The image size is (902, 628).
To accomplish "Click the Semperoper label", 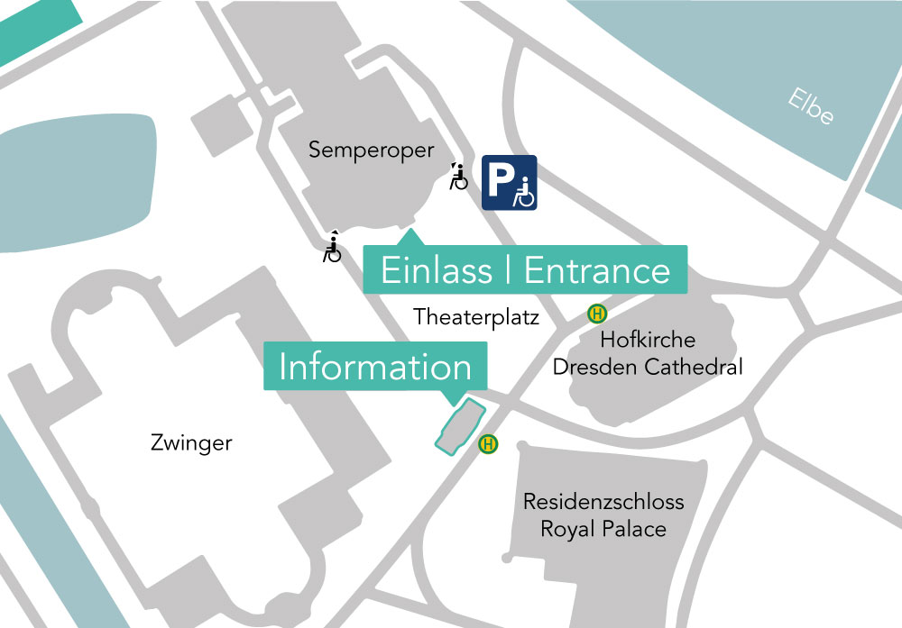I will tap(371, 150).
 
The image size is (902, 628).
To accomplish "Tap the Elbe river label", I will tap(809, 107).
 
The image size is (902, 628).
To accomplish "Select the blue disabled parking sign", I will tap(509, 183).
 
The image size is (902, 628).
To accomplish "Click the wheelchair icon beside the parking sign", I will tap(459, 177).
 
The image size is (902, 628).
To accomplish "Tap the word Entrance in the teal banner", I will tap(597, 270).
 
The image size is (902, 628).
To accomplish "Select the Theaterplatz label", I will tap(476, 317).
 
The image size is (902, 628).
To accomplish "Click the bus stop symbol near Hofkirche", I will tap(597, 314).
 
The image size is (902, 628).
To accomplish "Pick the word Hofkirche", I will tap(648, 341).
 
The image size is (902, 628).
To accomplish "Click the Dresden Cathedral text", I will tap(648, 367).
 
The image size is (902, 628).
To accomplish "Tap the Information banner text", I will tap(375, 367).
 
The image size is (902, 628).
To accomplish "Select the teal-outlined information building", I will tap(460, 424).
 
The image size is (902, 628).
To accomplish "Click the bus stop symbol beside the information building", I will tap(489, 443).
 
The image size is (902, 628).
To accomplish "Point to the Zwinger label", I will tap(191, 443).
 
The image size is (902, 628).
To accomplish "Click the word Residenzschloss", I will tap(603, 502).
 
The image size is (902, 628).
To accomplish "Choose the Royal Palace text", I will tap(603, 529).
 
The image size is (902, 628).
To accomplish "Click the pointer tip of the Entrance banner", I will tap(411, 232).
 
